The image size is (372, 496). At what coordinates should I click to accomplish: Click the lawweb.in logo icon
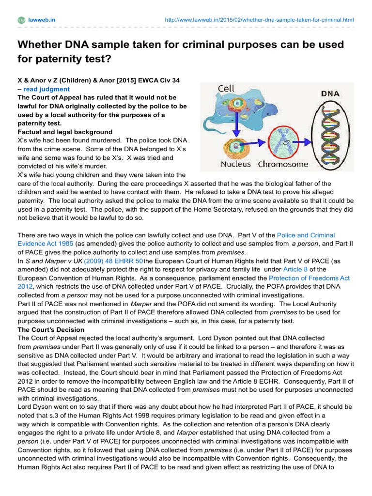click(x=21, y=20)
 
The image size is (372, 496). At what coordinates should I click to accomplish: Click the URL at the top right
click(x=259, y=20)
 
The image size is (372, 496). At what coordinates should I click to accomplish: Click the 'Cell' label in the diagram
click(x=226, y=89)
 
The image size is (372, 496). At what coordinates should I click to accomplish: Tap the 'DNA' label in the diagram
click(x=330, y=93)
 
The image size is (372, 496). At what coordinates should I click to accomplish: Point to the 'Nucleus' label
click(x=235, y=164)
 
